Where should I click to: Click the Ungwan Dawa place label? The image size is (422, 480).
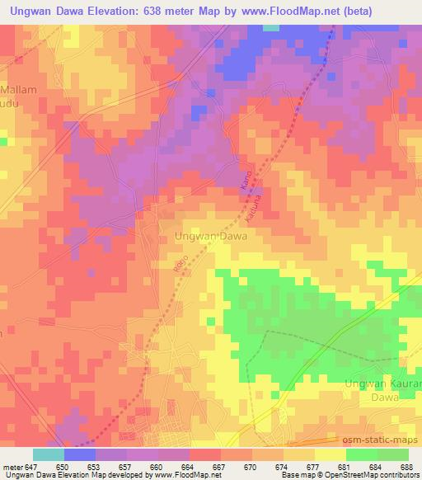[212, 235]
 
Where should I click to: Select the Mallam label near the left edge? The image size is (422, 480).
[16, 88]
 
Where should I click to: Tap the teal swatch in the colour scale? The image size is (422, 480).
[49, 454]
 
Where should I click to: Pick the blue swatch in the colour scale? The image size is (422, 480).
[80, 454]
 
